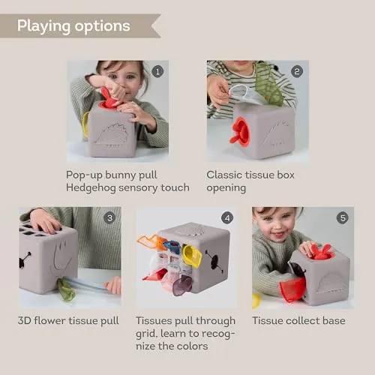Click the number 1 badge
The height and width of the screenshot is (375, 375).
(157, 72)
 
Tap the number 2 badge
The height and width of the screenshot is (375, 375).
(297, 72)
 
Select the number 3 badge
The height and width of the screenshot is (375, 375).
(109, 218)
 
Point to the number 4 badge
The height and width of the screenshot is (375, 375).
(227, 218)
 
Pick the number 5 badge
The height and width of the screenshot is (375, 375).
(343, 218)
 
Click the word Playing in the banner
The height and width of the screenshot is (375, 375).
(43, 26)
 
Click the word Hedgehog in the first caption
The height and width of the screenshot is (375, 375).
(91, 188)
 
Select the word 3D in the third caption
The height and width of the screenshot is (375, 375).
(24, 320)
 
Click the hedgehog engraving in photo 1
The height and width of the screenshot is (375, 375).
(112, 136)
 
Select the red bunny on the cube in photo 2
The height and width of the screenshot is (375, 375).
(240, 133)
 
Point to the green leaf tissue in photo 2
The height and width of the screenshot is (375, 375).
(268, 84)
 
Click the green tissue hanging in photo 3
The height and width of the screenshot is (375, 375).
(65, 289)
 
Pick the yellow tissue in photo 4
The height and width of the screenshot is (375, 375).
(192, 256)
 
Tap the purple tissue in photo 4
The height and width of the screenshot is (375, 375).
(182, 285)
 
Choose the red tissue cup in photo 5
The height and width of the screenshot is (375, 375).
(292, 289)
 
